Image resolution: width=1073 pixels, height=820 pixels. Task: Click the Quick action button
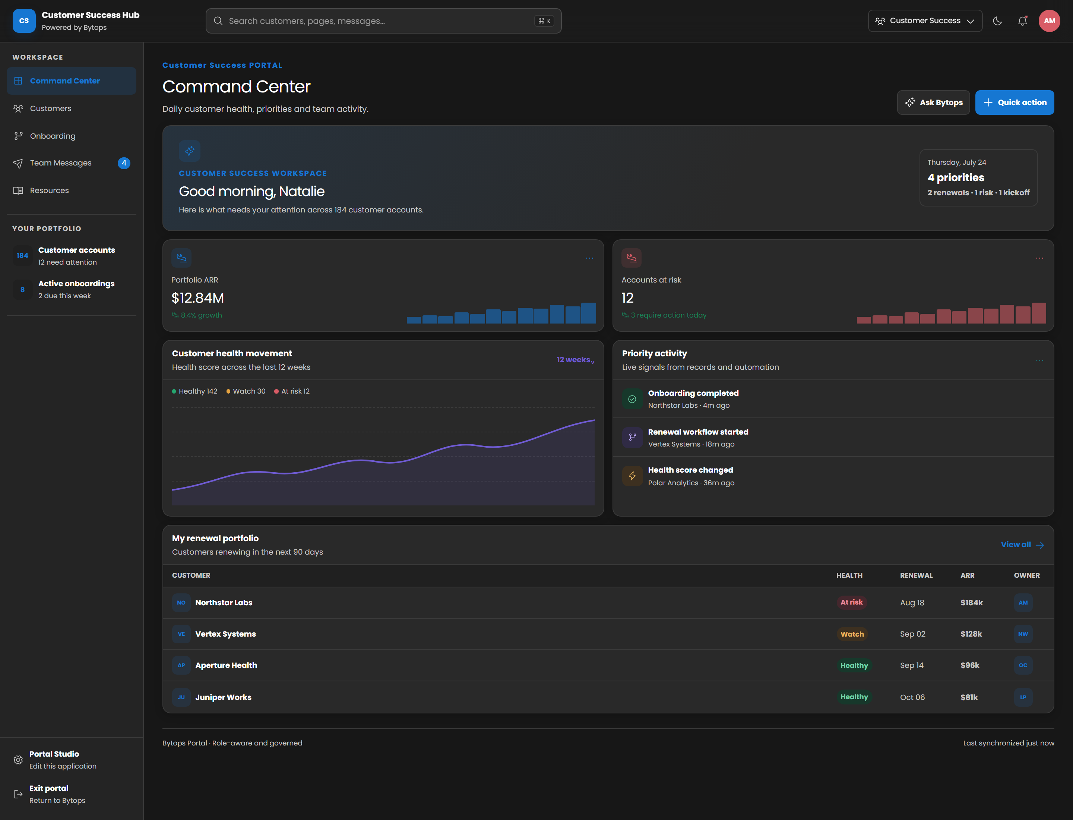pyautogui.click(x=1015, y=102)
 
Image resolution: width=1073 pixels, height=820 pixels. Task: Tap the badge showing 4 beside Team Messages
pyautogui.click(x=124, y=163)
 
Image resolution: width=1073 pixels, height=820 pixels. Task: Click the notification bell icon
pyautogui.click(x=1022, y=21)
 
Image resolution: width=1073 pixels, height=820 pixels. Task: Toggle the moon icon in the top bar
pyautogui.click(x=997, y=21)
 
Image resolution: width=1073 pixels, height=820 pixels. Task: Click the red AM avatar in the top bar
pyautogui.click(x=1049, y=21)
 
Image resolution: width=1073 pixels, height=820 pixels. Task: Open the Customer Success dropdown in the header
pyautogui.click(x=925, y=21)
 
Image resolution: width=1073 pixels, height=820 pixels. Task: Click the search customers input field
pyautogui.click(x=383, y=21)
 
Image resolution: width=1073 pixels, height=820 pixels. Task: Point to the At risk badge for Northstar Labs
pyautogui.click(x=851, y=602)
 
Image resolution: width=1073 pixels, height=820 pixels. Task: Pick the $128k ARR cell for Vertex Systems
pyautogui.click(x=971, y=634)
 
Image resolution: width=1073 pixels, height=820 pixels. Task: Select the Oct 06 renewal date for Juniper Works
pyautogui.click(x=912, y=697)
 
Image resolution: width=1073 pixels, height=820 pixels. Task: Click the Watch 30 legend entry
pyautogui.click(x=246, y=391)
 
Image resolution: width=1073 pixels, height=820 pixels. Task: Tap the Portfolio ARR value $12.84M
pyautogui.click(x=197, y=298)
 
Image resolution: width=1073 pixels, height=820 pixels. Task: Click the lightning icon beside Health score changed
pyautogui.click(x=632, y=476)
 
